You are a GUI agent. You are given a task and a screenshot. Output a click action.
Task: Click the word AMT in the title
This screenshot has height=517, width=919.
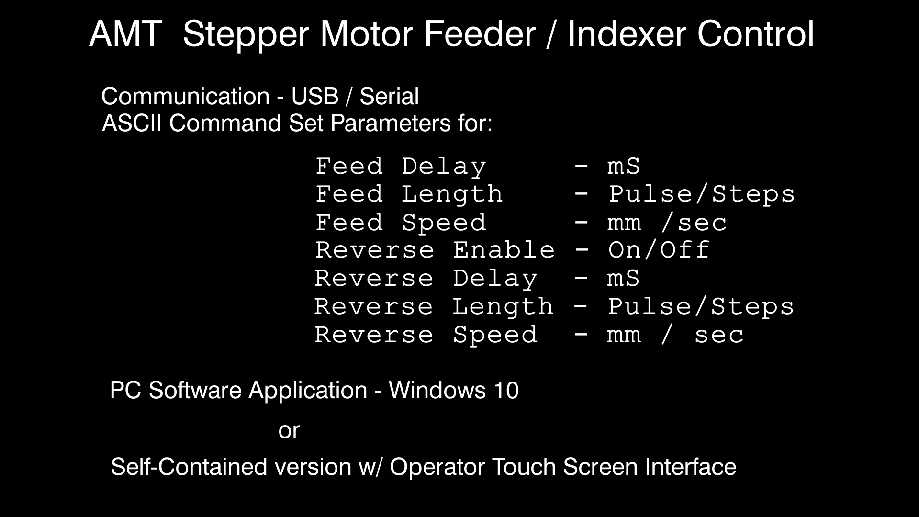(125, 34)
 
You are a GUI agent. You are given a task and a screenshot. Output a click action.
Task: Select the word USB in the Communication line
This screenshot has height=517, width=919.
(314, 96)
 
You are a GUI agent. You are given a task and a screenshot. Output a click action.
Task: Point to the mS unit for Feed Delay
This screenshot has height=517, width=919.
(623, 167)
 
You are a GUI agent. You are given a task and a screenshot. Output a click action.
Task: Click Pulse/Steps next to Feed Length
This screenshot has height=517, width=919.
(702, 194)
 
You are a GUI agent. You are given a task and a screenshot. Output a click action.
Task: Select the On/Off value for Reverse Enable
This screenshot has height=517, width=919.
(659, 250)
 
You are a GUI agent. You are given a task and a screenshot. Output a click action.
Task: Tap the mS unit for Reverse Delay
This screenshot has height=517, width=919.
(623, 279)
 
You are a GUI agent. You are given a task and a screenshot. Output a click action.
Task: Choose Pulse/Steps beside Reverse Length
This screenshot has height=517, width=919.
(701, 306)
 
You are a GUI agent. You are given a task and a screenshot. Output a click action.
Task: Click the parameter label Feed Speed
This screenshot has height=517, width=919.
(401, 223)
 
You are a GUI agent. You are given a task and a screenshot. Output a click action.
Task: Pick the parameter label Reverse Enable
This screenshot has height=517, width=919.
(435, 250)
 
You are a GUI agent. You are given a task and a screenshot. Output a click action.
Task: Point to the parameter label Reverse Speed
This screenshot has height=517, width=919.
(426, 335)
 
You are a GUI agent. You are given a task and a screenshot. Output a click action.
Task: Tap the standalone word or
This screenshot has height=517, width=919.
(289, 430)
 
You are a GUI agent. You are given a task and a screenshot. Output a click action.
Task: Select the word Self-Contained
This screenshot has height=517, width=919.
(189, 467)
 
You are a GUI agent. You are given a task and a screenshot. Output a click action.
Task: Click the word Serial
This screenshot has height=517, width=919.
(389, 96)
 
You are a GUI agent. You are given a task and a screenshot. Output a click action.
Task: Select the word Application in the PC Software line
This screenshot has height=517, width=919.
(308, 391)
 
